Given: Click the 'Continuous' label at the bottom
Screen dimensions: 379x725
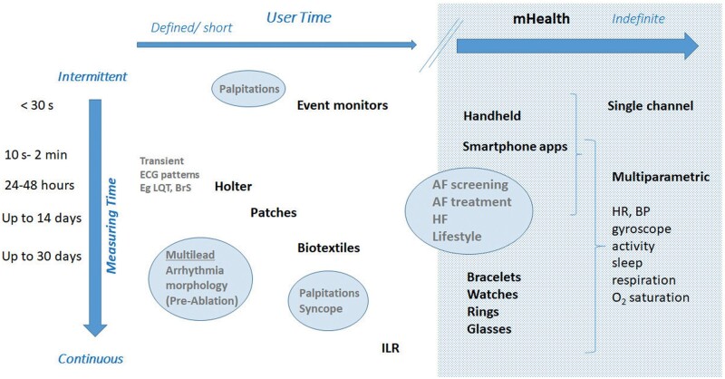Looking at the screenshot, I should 91,359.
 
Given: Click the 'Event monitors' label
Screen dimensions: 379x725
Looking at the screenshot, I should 343,105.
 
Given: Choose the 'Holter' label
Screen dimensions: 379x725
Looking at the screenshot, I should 233,186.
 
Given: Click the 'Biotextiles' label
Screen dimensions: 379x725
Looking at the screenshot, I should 328,247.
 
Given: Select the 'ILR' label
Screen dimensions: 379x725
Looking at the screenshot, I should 391,346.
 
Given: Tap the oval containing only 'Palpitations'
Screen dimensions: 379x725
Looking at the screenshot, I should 249,89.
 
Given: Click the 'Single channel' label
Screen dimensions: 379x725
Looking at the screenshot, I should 650,107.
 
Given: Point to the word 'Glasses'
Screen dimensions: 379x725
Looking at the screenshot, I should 491,330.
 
